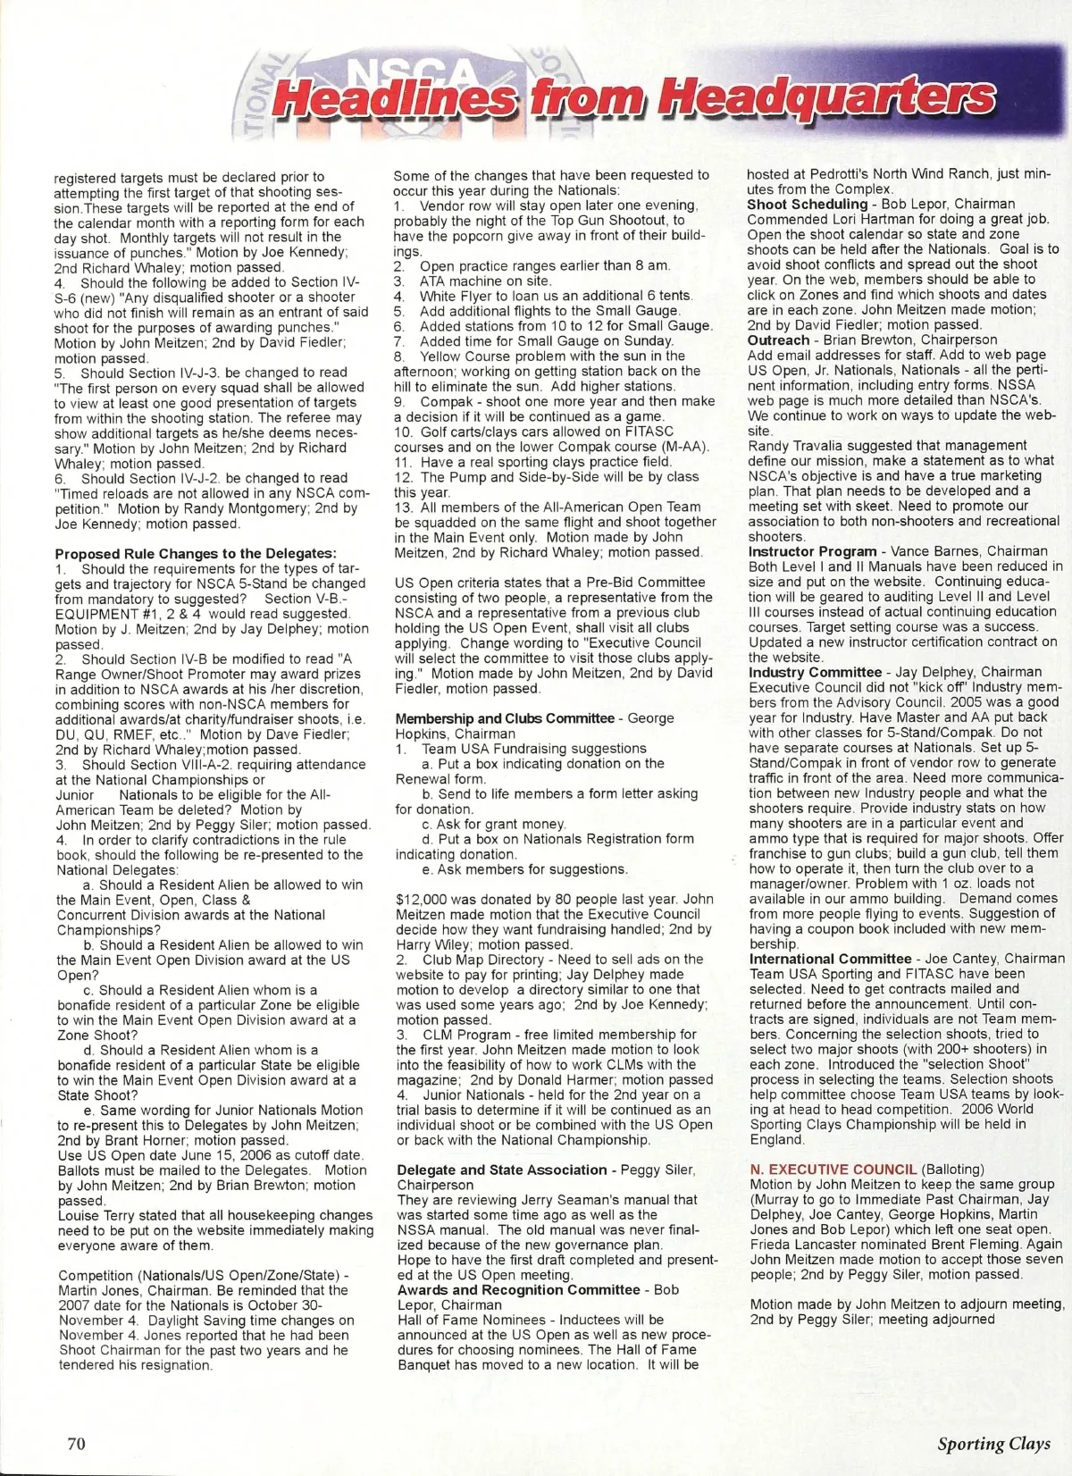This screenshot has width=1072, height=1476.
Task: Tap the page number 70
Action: coord(76,1443)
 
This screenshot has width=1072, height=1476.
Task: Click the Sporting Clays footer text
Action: coord(993,1444)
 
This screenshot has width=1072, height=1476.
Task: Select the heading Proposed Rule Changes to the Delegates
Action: coord(196,554)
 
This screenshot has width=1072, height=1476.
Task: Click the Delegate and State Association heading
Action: coord(501,1170)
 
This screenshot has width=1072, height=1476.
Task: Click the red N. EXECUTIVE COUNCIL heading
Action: coord(833,1169)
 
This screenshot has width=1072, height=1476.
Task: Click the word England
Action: coord(776,1139)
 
